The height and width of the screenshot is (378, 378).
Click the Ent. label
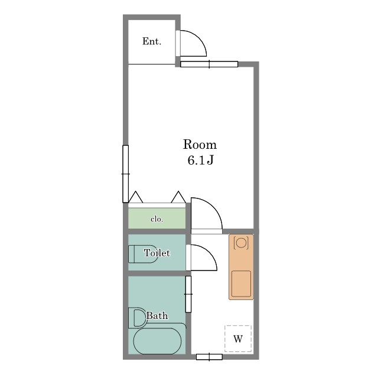152,41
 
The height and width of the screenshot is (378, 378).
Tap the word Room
200,144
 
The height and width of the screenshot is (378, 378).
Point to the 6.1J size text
201,160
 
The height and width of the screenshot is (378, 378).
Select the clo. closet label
157,219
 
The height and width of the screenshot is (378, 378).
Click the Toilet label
157,253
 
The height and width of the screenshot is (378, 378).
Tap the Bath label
157,315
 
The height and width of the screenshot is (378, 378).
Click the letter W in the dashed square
238,339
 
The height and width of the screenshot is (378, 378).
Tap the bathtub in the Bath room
157,341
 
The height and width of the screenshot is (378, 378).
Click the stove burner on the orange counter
241,243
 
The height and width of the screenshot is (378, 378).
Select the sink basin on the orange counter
241,283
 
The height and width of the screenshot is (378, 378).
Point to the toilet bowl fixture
143,254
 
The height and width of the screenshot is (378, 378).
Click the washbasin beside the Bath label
138,318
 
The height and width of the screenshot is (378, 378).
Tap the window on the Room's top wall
209,64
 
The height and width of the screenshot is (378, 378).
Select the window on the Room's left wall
125,174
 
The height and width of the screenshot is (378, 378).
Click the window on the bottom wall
209,357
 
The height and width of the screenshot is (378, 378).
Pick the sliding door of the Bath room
188,294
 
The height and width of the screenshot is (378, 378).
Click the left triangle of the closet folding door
135,197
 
